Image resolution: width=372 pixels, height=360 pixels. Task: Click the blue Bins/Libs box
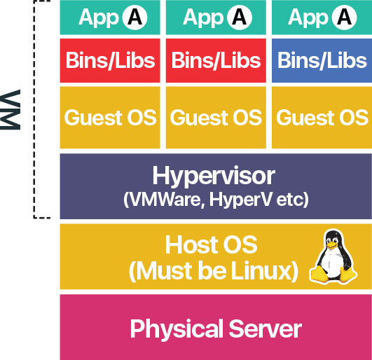[322, 61]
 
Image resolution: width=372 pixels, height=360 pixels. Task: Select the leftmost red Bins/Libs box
[110, 61]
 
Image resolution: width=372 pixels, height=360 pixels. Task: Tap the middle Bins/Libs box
[216, 61]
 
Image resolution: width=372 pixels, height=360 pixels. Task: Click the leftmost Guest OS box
[110, 117]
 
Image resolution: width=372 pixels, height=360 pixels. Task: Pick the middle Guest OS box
[216, 117]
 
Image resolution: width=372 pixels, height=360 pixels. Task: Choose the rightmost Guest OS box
[322, 117]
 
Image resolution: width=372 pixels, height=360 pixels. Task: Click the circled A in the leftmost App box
[135, 17]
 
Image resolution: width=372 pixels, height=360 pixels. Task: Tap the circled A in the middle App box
[240, 17]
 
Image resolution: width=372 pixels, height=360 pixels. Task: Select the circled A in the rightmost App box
[344, 17]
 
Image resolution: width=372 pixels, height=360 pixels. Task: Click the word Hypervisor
[214, 175]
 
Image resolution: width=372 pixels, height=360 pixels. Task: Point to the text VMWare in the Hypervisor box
[158, 200]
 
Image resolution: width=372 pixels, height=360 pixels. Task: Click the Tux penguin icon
[333, 257]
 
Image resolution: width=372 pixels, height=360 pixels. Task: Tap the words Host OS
[211, 245]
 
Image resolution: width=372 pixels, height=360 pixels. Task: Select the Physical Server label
[216, 328]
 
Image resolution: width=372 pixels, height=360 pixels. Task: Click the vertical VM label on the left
[12, 109]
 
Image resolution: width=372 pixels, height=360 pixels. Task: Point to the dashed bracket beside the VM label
[35, 112]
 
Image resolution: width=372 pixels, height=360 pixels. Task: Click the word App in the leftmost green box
[99, 18]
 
